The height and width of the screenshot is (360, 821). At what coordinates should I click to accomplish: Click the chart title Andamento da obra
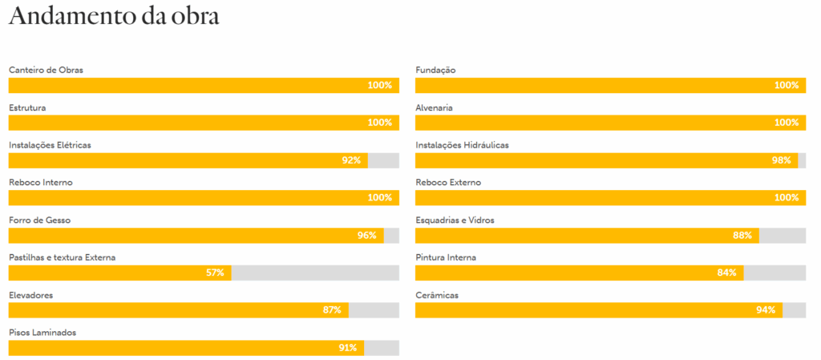coord(114,17)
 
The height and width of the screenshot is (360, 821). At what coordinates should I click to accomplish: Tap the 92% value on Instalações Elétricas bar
coord(351,160)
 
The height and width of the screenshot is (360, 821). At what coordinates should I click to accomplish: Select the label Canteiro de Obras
coord(46,70)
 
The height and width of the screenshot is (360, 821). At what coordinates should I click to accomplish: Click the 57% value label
coord(215,273)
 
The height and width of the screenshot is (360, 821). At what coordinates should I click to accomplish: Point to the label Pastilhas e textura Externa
coord(63,258)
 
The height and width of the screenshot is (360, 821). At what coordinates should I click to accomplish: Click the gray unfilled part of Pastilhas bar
coord(315,273)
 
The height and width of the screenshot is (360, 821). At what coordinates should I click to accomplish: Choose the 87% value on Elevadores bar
coord(332,310)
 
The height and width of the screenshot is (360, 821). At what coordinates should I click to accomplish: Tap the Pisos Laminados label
coord(42,333)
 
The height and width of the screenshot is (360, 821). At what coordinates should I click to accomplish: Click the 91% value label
coord(348,348)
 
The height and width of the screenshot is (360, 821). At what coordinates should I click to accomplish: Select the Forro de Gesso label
coord(40,220)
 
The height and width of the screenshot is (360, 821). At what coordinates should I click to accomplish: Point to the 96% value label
coord(367,236)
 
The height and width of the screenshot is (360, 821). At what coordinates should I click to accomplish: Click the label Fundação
coord(435,70)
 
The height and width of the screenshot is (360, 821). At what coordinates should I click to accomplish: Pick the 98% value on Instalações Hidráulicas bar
coord(781,160)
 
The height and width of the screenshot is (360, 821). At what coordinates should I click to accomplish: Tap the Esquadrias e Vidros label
coord(455,220)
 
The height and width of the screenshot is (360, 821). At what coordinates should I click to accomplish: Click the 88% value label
coord(742,236)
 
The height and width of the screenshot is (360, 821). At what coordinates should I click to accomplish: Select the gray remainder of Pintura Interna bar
coord(775,273)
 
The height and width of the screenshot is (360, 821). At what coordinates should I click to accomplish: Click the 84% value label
coord(726,273)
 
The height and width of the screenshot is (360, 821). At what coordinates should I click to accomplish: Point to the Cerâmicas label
coord(437,296)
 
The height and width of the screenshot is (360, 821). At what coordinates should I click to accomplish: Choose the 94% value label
coord(766,310)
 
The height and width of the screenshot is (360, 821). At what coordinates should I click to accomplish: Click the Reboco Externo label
coord(448,183)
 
